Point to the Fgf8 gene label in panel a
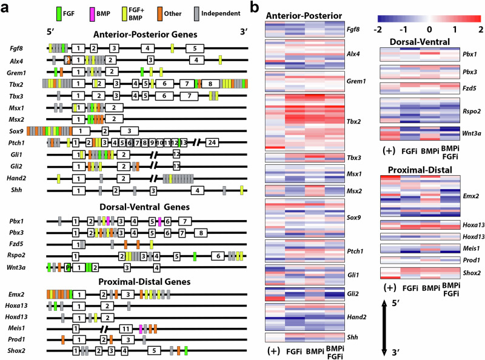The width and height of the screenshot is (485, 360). [x=17, y=47]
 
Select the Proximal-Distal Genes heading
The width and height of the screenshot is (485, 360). [x=148, y=281]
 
